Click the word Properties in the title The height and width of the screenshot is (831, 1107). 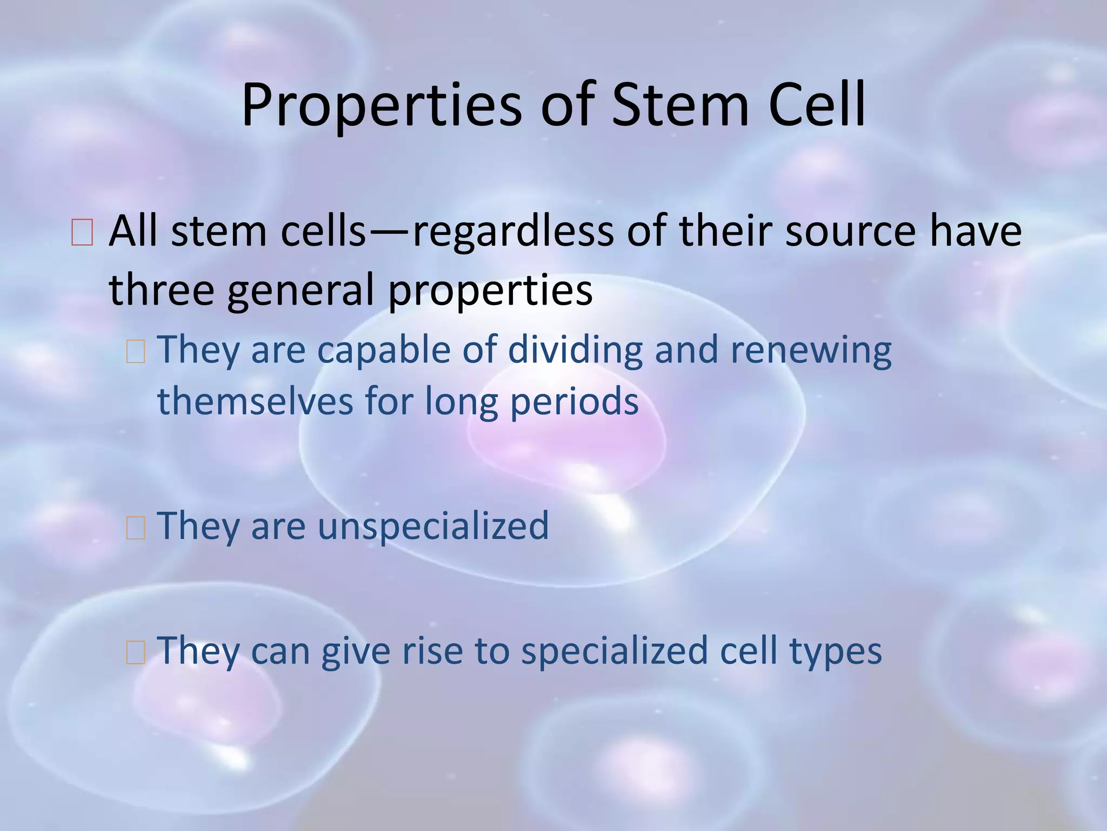tap(381, 105)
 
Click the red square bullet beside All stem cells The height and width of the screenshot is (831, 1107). tap(82, 233)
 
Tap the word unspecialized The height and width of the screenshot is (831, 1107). tap(433, 526)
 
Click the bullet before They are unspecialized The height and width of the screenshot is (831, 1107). tap(135, 528)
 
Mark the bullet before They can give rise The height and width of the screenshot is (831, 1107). tap(135, 653)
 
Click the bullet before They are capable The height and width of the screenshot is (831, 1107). tap(135, 352)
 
